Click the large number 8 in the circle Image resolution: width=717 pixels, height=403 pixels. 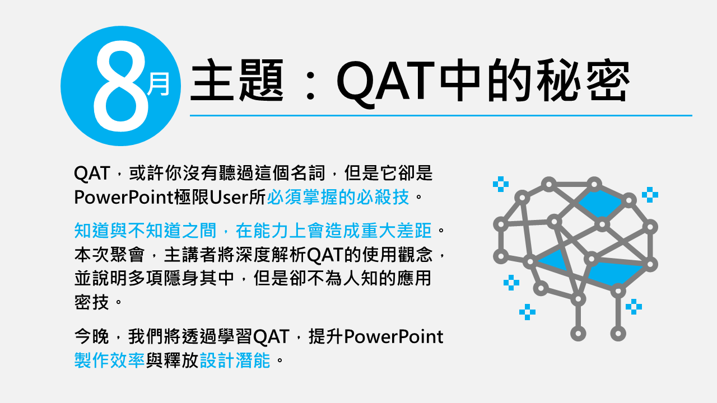point(121,86)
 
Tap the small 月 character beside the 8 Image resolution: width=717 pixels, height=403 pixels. point(159,84)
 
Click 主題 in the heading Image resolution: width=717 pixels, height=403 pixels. point(237,81)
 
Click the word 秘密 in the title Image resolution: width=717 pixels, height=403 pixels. point(583,81)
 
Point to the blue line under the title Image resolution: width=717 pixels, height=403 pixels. point(441,115)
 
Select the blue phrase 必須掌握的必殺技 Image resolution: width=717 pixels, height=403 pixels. point(338,197)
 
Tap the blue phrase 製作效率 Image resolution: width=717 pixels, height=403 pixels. point(109,360)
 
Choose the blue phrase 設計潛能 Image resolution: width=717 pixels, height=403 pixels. point(235,360)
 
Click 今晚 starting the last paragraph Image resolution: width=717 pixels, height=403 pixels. point(92,336)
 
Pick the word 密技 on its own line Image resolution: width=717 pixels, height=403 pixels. point(92,302)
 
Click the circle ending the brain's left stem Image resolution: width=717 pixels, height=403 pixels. point(578,334)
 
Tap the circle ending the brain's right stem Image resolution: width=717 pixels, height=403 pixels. point(618,334)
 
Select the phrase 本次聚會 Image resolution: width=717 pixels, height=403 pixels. point(109,255)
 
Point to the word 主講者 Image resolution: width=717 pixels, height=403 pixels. point(190,255)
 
